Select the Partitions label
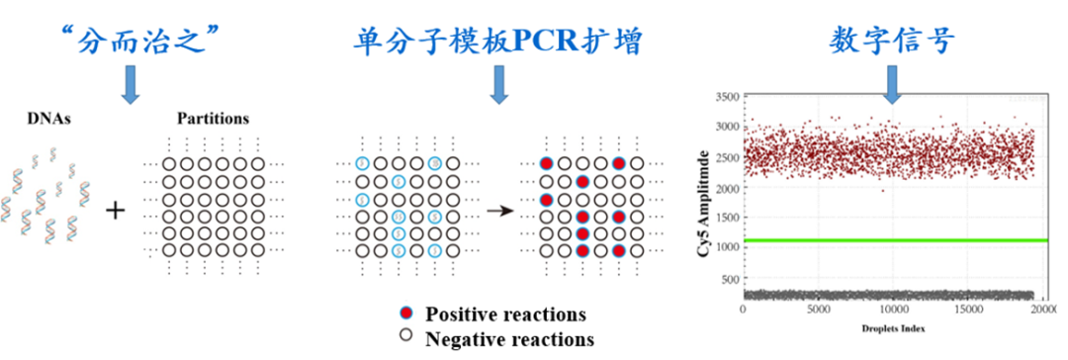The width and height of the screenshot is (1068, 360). [211, 119]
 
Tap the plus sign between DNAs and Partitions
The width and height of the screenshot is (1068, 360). [117, 210]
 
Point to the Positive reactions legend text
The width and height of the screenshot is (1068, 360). [505, 315]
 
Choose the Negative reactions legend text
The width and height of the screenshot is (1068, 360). [509, 339]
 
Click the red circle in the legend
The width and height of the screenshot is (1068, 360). [406, 315]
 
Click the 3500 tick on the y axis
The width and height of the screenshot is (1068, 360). [725, 97]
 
